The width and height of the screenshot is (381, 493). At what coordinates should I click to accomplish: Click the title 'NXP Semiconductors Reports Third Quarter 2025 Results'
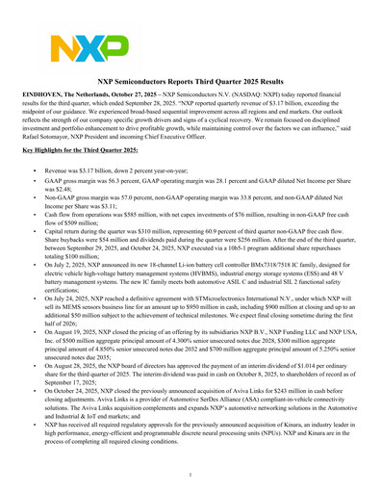coord(190,85)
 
